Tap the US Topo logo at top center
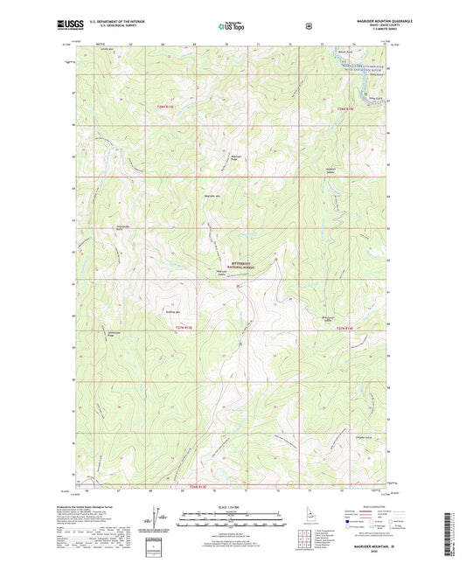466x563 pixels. (232, 26)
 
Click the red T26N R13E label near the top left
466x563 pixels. (164, 107)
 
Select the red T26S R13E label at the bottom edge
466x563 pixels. (201, 486)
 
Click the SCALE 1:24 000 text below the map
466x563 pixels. (231, 508)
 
